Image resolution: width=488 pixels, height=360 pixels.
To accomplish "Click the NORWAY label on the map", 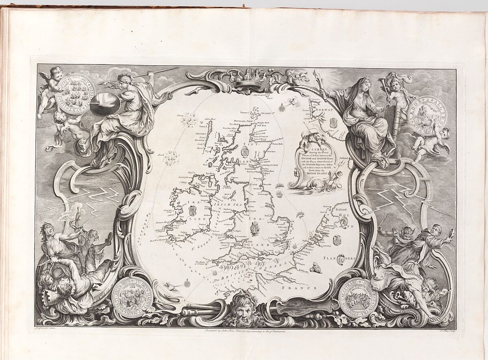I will point(325,110).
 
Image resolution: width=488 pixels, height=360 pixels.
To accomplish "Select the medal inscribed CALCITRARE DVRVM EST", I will point(358,299).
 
